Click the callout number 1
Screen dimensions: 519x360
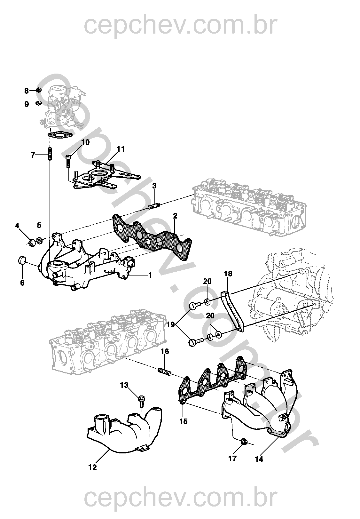150,275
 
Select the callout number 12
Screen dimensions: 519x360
92,467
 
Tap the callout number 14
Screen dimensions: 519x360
259,459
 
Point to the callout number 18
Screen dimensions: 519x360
228,274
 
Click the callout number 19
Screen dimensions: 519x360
170,325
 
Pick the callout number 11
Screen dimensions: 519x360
121,149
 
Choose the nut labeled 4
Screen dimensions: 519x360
32,242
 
